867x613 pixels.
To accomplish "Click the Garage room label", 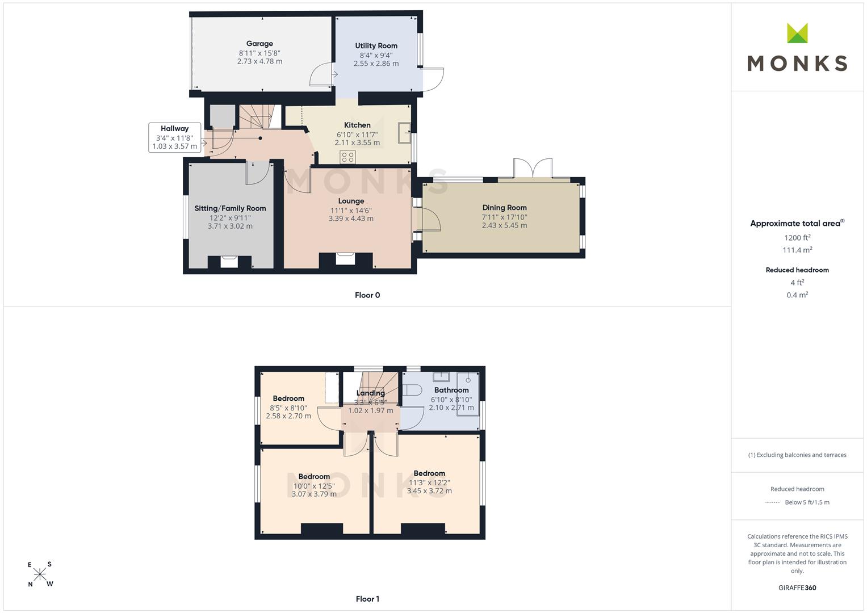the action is (x=259, y=44).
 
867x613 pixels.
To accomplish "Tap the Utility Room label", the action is (x=376, y=45).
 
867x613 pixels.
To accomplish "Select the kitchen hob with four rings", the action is (x=347, y=157).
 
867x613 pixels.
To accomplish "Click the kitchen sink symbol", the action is (x=404, y=133).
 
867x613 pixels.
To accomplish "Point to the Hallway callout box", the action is (x=174, y=137).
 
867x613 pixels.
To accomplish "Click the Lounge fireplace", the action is (x=345, y=259).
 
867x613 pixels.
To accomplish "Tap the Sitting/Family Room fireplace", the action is (x=229, y=262).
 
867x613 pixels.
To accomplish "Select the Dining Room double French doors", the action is (x=533, y=169).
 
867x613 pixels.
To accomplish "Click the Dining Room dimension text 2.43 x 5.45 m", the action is (x=504, y=225).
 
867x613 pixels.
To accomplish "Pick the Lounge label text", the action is (x=351, y=201).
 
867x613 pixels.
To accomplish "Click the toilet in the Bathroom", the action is (x=411, y=390).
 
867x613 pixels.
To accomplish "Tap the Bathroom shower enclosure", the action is (x=468, y=394).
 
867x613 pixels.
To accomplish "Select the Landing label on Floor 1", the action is (x=370, y=393).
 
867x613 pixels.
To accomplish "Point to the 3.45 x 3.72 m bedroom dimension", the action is (x=429, y=491).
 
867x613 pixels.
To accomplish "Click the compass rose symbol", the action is (x=40, y=574).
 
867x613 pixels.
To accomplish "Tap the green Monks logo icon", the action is (x=797, y=33).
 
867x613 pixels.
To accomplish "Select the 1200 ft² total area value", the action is (x=797, y=238).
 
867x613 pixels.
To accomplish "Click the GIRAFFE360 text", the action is (x=797, y=587).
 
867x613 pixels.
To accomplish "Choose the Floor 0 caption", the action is (x=367, y=295).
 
